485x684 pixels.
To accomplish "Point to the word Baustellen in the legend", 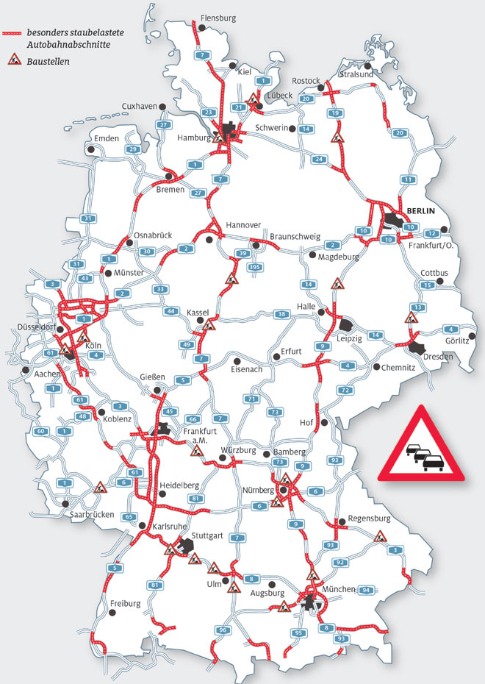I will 50,62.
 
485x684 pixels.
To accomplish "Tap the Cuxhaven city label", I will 140,107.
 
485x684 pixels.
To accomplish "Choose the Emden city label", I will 107,138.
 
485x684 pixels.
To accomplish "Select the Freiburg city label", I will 124,604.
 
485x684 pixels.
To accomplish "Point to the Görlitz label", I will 456,341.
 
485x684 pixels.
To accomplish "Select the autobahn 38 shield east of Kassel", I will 281,314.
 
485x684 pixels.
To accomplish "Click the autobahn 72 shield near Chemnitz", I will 343,389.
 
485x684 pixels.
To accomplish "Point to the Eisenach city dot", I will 237,360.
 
